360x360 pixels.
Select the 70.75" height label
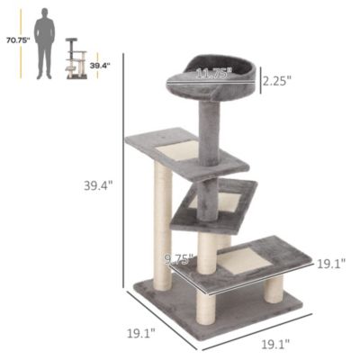click(x=15, y=40)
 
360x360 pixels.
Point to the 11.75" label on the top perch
click(x=213, y=73)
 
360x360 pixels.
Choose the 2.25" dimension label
click(x=278, y=81)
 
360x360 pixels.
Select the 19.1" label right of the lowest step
click(x=331, y=264)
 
